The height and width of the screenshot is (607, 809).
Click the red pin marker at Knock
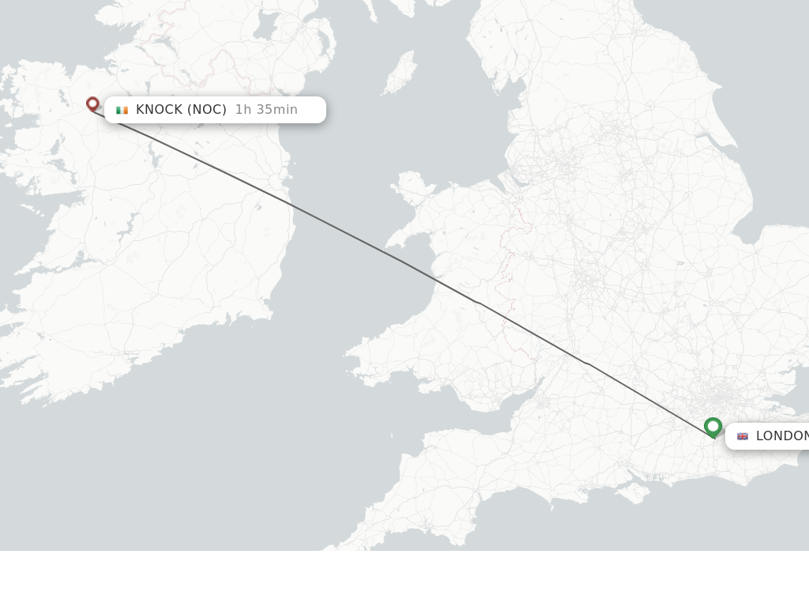point(92,104)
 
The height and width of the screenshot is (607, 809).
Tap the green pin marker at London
point(713,428)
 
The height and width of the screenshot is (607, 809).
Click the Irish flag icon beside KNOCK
point(122,110)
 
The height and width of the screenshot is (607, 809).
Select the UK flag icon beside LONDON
point(743,436)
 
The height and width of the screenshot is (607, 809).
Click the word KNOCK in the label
point(159,110)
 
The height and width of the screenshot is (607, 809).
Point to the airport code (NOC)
point(206,110)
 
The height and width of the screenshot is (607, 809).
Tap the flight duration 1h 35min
point(266,110)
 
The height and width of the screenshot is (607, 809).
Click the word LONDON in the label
point(781,436)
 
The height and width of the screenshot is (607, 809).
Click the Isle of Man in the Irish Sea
point(401,71)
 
